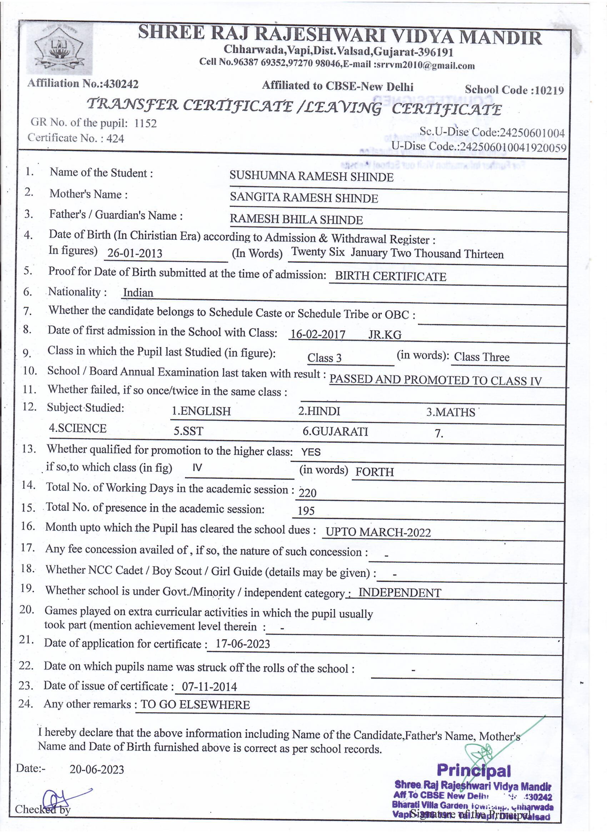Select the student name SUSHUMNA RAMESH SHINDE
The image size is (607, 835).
[311, 176]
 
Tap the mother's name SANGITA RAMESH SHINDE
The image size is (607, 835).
[304, 198]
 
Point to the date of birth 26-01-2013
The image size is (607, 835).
[135, 253]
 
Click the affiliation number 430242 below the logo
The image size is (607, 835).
[121, 84]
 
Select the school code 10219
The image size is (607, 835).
[549, 90]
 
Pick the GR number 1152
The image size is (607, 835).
[145, 123]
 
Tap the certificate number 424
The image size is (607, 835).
[115, 139]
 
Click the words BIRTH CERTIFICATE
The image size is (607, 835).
[390, 276]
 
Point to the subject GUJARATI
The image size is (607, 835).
[335, 431]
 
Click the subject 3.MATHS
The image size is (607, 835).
[451, 412]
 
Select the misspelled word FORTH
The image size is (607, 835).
[374, 472]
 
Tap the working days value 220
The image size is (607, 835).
[307, 492]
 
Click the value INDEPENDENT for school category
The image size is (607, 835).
[400, 593]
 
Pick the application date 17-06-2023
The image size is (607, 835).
[242, 644]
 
